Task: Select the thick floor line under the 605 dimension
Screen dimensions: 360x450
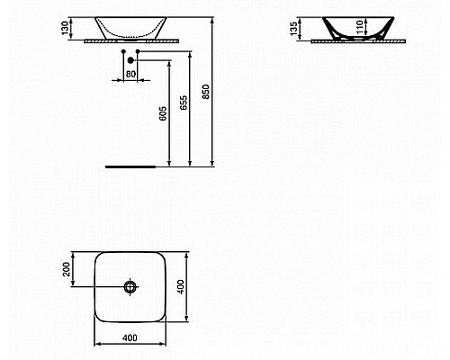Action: coord(131,167)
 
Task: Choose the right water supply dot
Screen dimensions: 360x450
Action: coord(139,54)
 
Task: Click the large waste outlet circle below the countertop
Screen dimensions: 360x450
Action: coord(131,60)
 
